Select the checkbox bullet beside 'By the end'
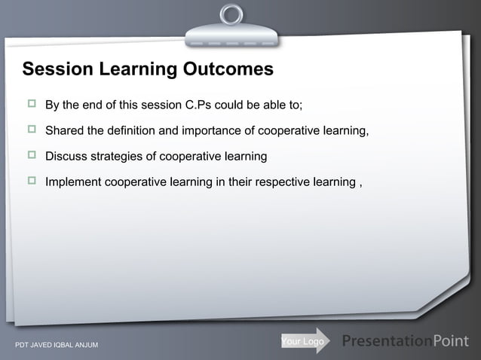point(32,103)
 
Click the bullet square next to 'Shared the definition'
point(32,130)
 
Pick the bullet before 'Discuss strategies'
point(32,156)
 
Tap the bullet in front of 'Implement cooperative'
point(32,182)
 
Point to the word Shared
point(65,131)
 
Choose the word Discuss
point(67,157)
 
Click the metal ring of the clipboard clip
point(231,14)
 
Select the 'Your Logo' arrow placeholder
point(304,341)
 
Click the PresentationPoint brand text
point(406,341)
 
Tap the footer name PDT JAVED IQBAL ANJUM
point(52,346)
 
